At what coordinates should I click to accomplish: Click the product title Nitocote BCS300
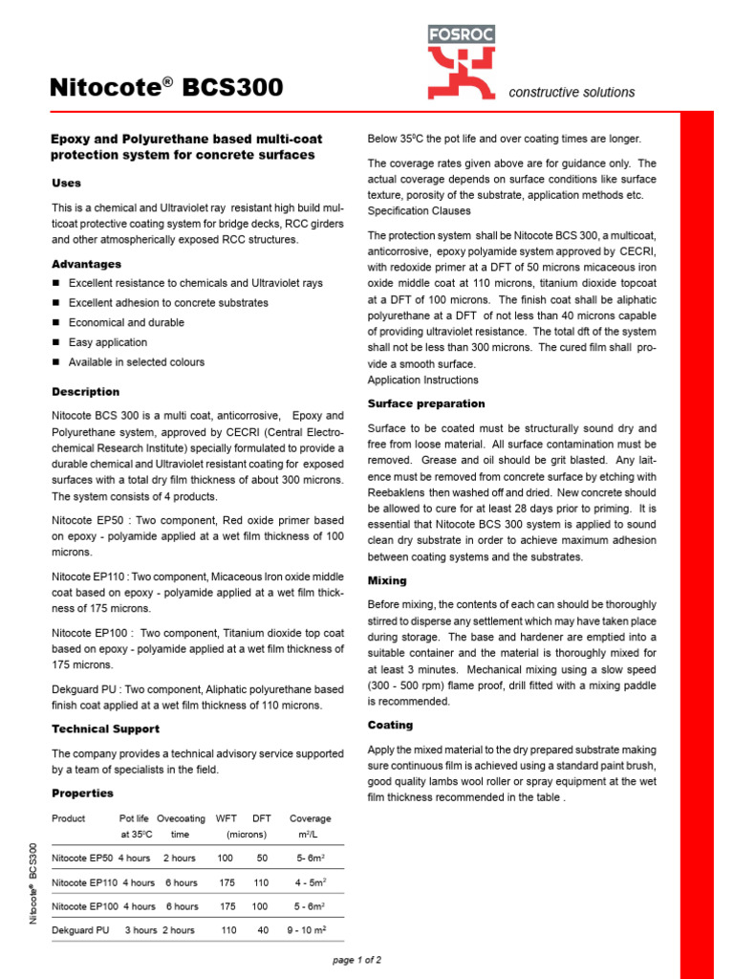point(166,88)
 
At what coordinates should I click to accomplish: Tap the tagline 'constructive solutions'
point(572,93)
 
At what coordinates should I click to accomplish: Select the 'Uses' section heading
point(66,183)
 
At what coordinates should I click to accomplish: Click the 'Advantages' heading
point(86,263)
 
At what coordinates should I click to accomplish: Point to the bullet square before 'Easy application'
point(56,342)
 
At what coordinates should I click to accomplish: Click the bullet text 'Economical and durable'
point(126,322)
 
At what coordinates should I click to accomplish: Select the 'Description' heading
point(85,391)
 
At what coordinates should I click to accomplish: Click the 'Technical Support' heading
point(105,729)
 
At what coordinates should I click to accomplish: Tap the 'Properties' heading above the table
point(82,793)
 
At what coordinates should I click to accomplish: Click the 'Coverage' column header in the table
point(310,818)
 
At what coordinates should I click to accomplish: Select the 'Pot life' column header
point(134,818)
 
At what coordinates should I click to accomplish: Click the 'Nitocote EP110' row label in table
point(84,882)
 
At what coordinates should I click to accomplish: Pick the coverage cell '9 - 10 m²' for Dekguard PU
point(307,929)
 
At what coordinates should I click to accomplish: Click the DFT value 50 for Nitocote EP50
point(262,859)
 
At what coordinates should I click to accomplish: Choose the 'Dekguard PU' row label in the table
point(79,929)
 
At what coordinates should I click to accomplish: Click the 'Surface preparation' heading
point(426,403)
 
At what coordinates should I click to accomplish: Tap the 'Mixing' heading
point(387,580)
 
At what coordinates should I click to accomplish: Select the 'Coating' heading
point(390,725)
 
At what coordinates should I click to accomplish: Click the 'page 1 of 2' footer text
point(356,959)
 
